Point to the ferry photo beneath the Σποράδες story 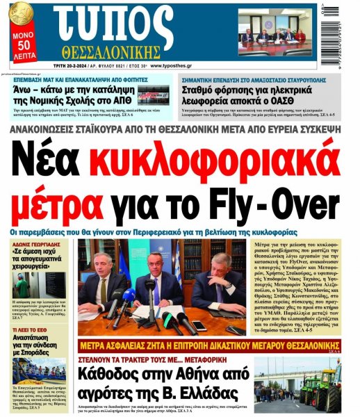click(39, 371)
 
